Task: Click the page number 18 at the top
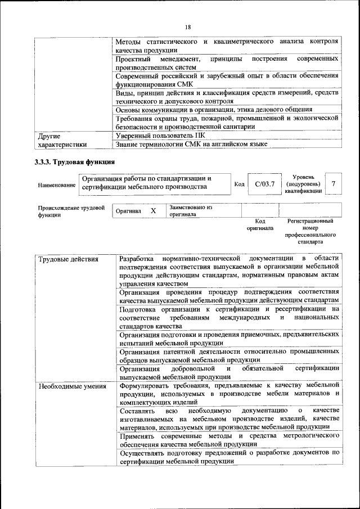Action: (188, 27)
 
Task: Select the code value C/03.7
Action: (264, 184)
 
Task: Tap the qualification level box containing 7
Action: (334, 184)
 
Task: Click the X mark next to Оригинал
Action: (153, 211)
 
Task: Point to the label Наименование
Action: (57, 185)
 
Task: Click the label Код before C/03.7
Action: (239, 184)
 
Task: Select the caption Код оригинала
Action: (260, 225)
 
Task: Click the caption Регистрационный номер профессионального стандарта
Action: (310, 232)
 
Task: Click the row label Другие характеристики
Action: (62, 140)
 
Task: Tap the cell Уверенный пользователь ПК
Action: (160, 136)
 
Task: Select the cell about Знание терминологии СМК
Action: (191, 144)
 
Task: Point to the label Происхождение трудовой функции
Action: (71, 211)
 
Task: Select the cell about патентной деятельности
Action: (228, 355)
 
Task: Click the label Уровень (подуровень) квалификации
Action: (303, 184)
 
